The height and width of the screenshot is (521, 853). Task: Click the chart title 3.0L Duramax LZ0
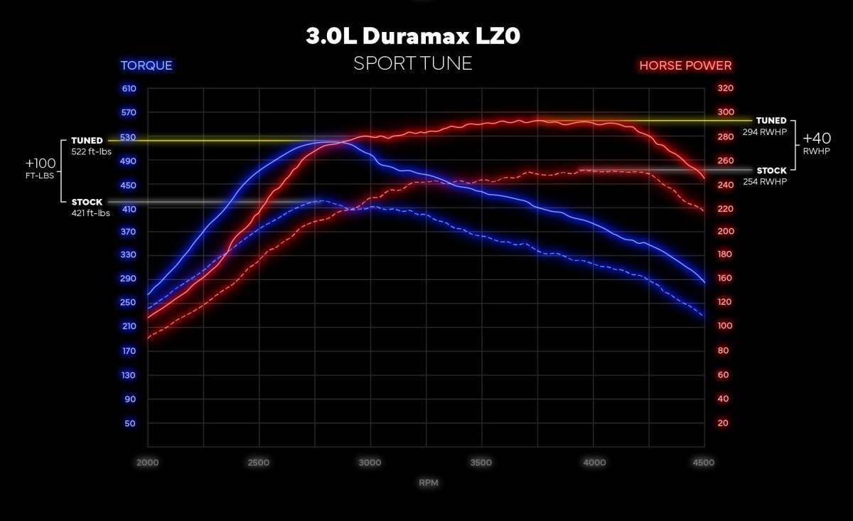[x=413, y=37]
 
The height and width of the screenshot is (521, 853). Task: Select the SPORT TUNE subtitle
[x=413, y=63]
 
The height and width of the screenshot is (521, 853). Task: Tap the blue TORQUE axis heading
[x=146, y=65]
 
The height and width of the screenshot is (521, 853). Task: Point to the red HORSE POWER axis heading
[x=685, y=65]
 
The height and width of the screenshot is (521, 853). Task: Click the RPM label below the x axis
[x=428, y=483]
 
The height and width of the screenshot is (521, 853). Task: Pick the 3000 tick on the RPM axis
[x=370, y=463]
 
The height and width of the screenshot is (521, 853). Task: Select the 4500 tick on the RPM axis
[x=703, y=463]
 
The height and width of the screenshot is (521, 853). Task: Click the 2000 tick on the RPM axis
[x=148, y=463]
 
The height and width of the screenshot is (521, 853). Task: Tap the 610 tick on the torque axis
[x=129, y=89]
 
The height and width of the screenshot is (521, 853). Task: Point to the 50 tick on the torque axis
[x=131, y=424]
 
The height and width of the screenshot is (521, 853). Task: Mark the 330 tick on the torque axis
[x=129, y=254]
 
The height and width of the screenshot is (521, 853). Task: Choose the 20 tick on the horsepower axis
[x=723, y=424]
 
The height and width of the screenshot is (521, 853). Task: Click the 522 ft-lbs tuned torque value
[x=92, y=151]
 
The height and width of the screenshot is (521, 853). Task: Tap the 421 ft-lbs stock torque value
[x=91, y=213]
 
